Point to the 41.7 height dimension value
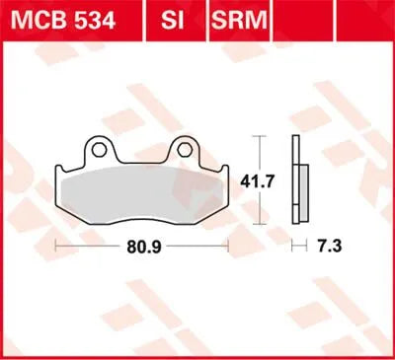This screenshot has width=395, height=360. (260, 181)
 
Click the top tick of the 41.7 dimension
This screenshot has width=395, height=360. (260, 136)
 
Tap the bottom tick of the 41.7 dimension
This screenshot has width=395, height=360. (260, 226)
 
